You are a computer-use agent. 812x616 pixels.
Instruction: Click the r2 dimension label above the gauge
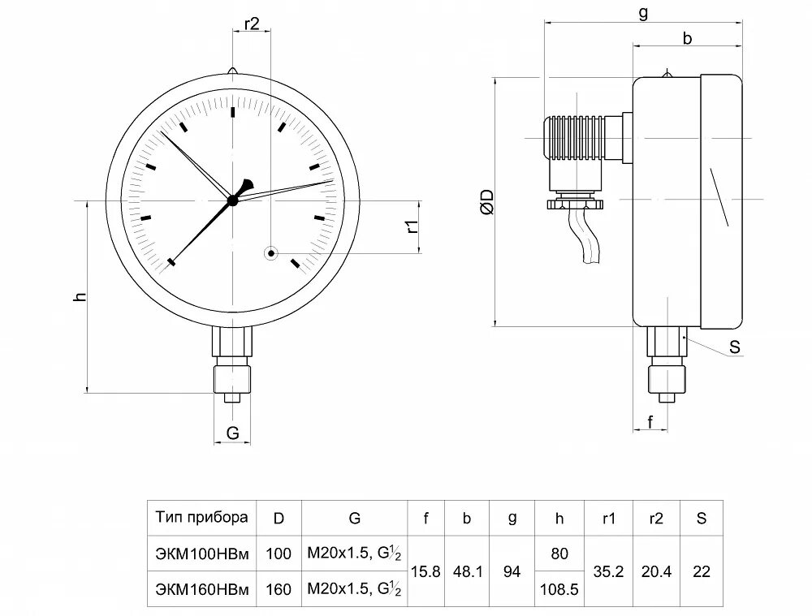click(251, 24)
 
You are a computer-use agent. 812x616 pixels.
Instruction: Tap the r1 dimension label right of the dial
click(412, 227)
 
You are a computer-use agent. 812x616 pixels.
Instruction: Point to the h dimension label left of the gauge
click(79, 297)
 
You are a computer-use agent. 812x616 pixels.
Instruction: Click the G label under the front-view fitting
click(233, 433)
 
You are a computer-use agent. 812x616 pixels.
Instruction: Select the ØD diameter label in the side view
click(486, 201)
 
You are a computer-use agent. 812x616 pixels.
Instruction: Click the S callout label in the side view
click(735, 347)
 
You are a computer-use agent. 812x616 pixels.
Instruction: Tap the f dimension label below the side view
click(650, 421)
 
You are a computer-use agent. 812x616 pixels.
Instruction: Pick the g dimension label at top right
click(643, 14)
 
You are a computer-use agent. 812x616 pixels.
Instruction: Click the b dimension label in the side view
click(687, 38)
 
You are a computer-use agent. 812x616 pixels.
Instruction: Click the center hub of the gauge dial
click(233, 199)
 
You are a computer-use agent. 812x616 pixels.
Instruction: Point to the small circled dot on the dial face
click(270, 253)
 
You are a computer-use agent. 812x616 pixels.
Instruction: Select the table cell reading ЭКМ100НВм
click(202, 554)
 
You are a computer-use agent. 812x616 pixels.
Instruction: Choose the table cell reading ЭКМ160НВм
click(202, 589)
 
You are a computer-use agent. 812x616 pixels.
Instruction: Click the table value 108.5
click(559, 589)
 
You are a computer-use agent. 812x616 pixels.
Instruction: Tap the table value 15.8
click(425, 571)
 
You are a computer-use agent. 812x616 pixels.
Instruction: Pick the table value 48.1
click(467, 571)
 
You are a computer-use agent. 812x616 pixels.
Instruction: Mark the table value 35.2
click(608, 571)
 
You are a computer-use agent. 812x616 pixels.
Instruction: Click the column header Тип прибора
click(202, 518)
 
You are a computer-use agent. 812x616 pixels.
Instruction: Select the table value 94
click(512, 571)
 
